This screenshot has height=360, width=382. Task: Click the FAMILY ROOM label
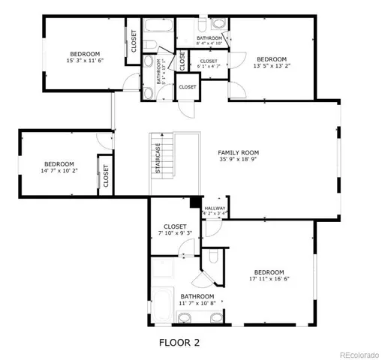(240, 151)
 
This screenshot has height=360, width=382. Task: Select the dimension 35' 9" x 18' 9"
(240, 159)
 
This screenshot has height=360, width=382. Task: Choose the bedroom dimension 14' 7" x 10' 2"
(59, 171)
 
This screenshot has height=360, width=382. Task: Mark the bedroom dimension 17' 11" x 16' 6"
(268, 280)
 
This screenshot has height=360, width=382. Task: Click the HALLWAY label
(215, 208)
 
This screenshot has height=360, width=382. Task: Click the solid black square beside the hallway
(194, 202)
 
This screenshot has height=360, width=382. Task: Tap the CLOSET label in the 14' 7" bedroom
(105, 175)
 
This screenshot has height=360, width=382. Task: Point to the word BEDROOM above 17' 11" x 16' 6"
(268, 271)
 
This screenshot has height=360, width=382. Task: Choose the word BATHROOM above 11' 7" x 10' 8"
(197, 297)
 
